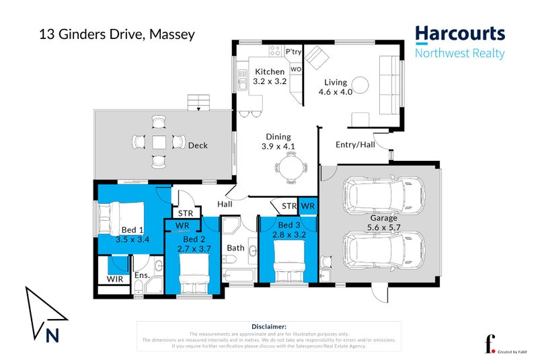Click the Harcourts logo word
point(459,34)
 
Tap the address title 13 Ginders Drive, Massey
point(117,34)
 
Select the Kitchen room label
point(269,71)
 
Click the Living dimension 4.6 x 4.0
point(337,92)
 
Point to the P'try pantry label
point(293,51)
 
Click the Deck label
point(198,145)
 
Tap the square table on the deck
point(159,142)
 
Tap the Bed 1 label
point(132,229)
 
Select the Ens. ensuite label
point(141,275)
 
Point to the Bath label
point(235,248)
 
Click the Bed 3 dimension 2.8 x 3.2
point(289,234)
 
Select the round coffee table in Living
point(360,85)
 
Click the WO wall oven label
point(295,69)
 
